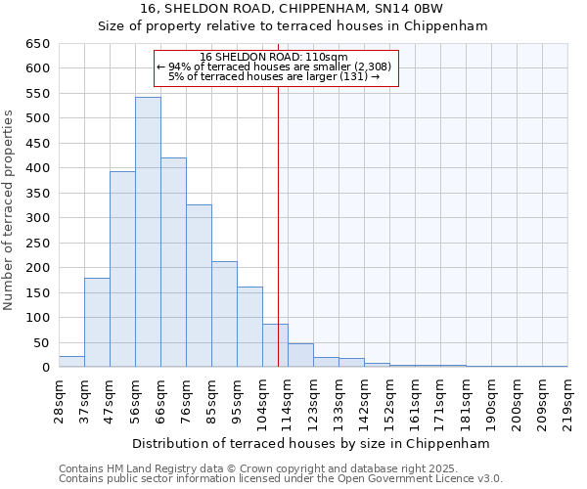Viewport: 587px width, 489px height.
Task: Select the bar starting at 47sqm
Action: [x=122, y=269]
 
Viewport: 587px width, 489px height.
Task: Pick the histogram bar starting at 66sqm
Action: [x=173, y=262]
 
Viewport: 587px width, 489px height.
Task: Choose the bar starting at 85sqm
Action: [x=224, y=314]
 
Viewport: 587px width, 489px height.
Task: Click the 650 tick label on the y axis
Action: [x=37, y=44]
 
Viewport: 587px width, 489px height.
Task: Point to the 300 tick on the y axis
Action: [x=37, y=218]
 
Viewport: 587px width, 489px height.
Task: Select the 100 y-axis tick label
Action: [x=37, y=318]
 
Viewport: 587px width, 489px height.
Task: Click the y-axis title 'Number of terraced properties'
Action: [x=10, y=210]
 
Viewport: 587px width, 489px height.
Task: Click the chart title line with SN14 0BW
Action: [x=292, y=9]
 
